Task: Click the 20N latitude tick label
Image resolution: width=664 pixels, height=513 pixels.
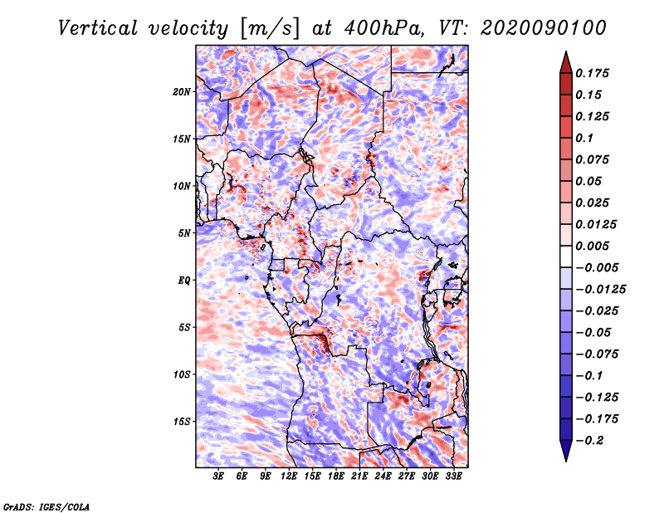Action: coord(182,91)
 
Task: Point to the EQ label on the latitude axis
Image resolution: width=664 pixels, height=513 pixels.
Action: coord(184,281)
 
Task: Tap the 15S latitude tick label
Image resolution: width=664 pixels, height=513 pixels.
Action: coord(182,422)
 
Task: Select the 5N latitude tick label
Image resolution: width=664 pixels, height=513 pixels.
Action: coord(184,233)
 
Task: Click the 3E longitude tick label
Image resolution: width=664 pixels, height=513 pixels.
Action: coord(218,476)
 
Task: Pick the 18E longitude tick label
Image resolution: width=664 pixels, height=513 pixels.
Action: coord(336,476)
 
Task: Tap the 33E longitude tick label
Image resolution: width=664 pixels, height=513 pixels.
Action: coord(453,476)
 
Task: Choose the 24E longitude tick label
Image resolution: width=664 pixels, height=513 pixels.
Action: coord(383,476)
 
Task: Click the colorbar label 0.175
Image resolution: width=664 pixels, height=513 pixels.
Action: coord(592,73)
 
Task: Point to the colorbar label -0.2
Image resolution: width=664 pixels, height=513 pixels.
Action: coord(589,441)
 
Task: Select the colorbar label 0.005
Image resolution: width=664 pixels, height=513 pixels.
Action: coord(592,246)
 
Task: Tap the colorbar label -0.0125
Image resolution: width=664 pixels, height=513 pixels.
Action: coord(600,290)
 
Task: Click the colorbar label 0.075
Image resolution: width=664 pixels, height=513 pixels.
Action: coord(592,159)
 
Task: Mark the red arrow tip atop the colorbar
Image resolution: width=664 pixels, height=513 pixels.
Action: coord(566,51)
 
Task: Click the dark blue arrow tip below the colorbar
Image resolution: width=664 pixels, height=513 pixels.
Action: coord(566,461)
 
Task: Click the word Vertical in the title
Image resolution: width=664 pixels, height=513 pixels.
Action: coord(98,28)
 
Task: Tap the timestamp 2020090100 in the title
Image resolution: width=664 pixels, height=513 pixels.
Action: coord(544,28)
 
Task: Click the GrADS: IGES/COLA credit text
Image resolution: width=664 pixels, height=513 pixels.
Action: coord(46,506)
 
